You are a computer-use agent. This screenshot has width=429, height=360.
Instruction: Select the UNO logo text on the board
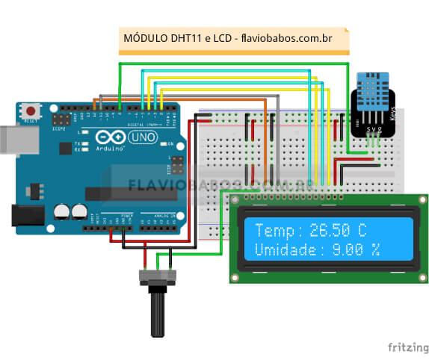[x=142, y=138]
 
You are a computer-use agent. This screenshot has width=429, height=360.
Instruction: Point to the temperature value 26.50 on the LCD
[x=325, y=229]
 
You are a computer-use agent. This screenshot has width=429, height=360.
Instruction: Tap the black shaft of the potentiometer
[x=158, y=316]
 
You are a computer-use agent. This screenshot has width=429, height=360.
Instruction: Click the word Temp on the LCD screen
[x=272, y=229]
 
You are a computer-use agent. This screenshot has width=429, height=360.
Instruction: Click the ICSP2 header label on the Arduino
[x=59, y=128]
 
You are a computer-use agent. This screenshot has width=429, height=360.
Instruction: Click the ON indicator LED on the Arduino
[x=162, y=143]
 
